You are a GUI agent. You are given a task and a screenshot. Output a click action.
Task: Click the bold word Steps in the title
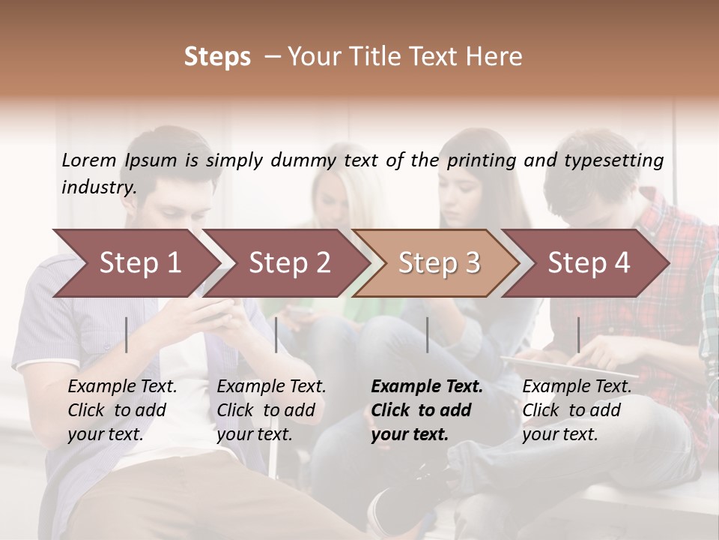pyautogui.click(x=217, y=57)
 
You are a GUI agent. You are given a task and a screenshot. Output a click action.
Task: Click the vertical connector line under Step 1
pyautogui.click(x=127, y=334)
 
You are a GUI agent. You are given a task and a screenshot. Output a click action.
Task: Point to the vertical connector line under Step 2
pyautogui.click(x=276, y=334)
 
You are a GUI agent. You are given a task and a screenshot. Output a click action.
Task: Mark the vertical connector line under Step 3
pyautogui.click(x=427, y=334)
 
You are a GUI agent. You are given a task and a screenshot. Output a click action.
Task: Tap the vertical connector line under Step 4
pyautogui.click(x=578, y=334)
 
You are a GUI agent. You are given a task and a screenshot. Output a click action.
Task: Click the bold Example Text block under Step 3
pyautogui.click(x=427, y=410)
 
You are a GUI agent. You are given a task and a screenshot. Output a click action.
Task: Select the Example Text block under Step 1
pyautogui.click(x=122, y=410)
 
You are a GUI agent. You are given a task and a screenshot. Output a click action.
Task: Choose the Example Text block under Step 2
pyautogui.click(x=271, y=410)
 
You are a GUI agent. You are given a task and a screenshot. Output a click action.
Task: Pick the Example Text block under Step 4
pyautogui.click(x=577, y=410)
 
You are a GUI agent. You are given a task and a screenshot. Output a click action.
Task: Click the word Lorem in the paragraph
pyautogui.click(x=89, y=160)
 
